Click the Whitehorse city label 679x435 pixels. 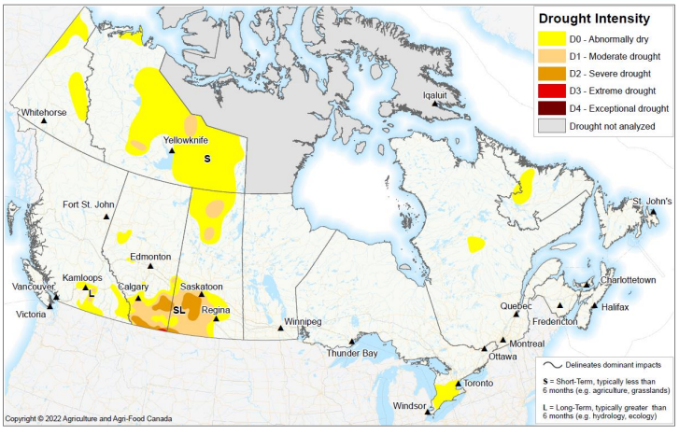(x=44, y=113)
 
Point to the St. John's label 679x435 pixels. (x=651, y=202)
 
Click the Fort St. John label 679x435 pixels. (x=89, y=204)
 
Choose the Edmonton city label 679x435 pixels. (x=150, y=257)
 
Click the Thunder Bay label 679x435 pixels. (x=352, y=354)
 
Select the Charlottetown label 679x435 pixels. (x=624, y=280)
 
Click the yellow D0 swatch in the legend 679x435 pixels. (x=551, y=40)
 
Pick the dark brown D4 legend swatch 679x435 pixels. (x=551, y=108)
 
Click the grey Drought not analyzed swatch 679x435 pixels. (x=551, y=125)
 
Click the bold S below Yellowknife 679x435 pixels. (x=207, y=159)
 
